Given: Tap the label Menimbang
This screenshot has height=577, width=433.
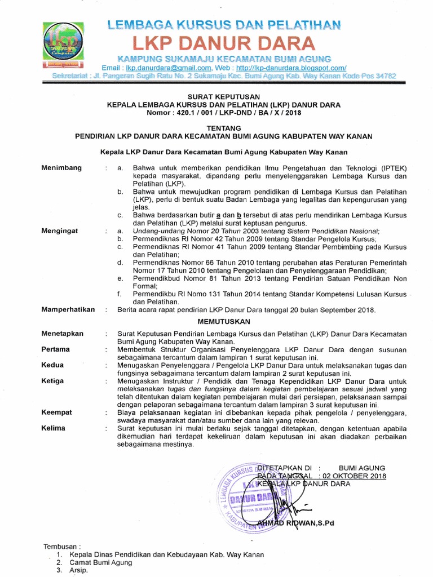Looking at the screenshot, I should point(61,168).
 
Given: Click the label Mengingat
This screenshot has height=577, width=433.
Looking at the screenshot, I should point(60,231).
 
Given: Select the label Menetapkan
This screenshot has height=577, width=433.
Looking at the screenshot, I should point(63,334).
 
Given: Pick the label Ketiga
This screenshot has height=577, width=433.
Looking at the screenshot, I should point(53,381).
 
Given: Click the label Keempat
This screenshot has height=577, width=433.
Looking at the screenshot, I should point(57,412).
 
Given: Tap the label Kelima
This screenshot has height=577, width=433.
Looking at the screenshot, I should point(54,428).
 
